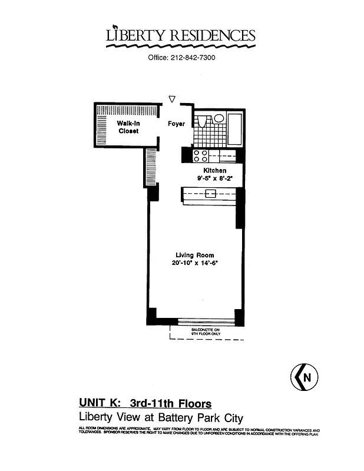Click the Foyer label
click(x=176, y=124)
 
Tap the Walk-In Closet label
click(x=128, y=127)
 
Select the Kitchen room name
click(x=215, y=171)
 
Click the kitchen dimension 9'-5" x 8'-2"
click(x=215, y=178)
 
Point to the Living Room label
click(x=194, y=255)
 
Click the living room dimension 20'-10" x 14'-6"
click(x=194, y=263)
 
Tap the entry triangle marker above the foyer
click(x=172, y=99)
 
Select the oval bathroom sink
click(x=219, y=118)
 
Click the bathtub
click(x=235, y=129)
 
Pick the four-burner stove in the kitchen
click(x=200, y=155)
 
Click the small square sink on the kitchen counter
click(x=210, y=194)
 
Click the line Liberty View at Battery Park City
click(x=161, y=417)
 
